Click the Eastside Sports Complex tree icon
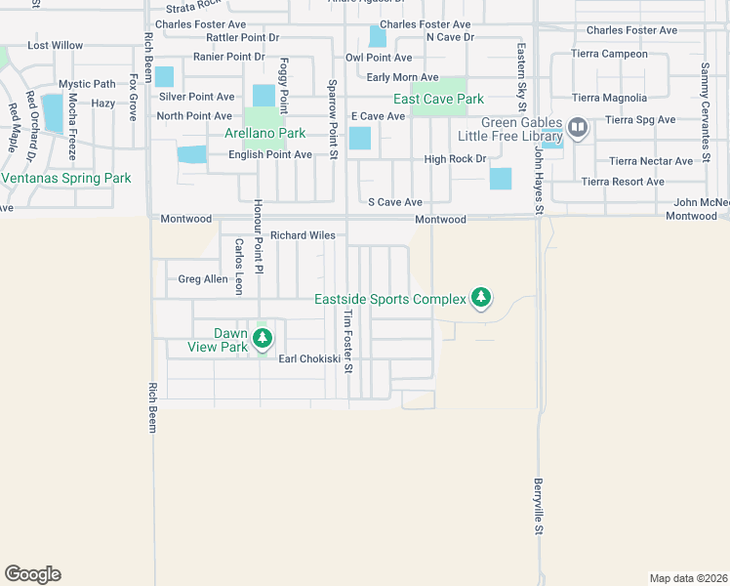pyautogui.click(x=480, y=297)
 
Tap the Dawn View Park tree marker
pyautogui.click(x=262, y=338)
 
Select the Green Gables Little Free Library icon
pyautogui.click(x=578, y=127)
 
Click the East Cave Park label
pyautogui.click(x=438, y=99)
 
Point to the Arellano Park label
pyautogui.click(x=264, y=133)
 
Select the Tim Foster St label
pyautogui.click(x=346, y=342)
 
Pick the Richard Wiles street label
pyautogui.click(x=303, y=235)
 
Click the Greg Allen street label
pyautogui.click(x=202, y=279)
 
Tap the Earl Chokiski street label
pyautogui.click(x=309, y=359)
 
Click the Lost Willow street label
pyautogui.click(x=56, y=46)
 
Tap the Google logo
pyautogui.click(x=32, y=574)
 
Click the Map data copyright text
pyautogui.click(x=687, y=578)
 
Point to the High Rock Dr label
pyautogui.click(x=454, y=159)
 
